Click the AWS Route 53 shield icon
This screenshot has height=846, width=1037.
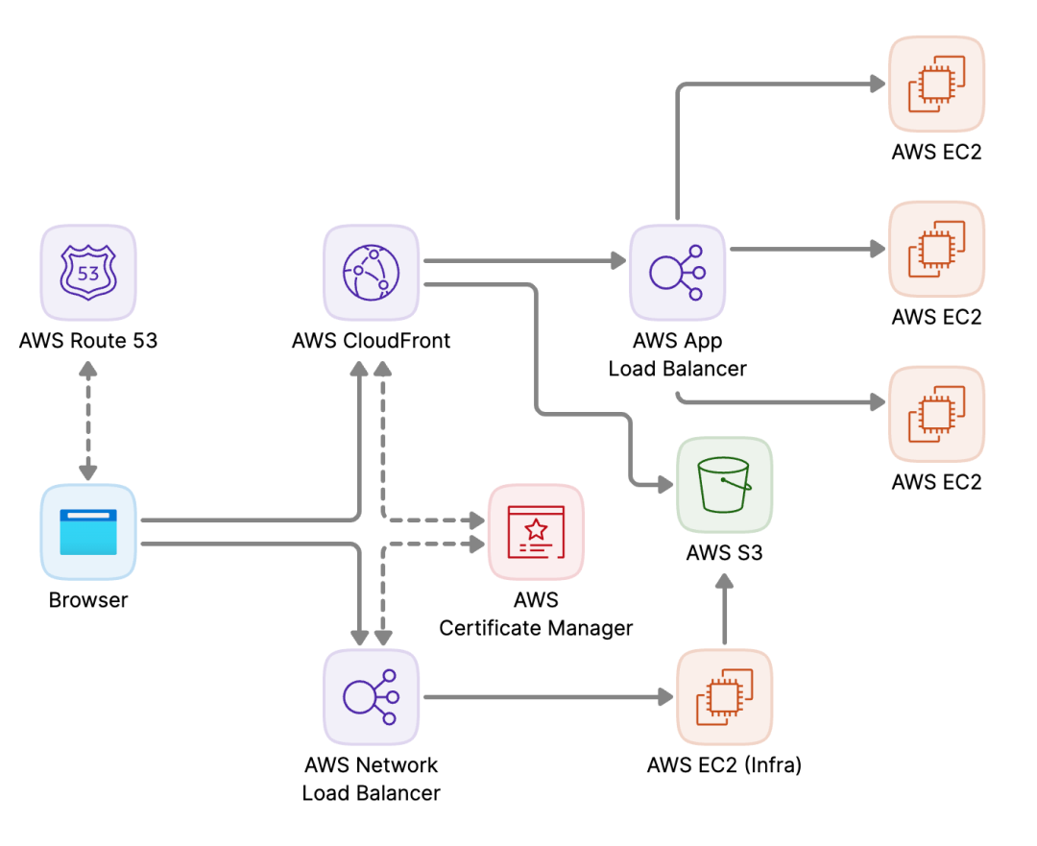click(88, 273)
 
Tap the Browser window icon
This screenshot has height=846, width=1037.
click(88, 532)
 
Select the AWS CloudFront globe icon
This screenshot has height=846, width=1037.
click(371, 273)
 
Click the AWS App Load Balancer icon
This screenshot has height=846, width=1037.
click(677, 273)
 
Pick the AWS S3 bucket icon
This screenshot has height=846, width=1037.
click(724, 485)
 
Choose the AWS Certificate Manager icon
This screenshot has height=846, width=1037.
click(536, 532)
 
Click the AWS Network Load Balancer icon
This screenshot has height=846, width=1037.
click(371, 697)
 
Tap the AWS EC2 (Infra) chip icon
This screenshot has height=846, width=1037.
click(724, 697)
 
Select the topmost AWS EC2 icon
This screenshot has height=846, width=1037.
click(936, 84)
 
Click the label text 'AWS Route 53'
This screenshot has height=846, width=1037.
click(88, 341)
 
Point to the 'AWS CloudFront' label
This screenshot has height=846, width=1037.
click(371, 341)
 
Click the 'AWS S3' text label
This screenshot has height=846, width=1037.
click(724, 552)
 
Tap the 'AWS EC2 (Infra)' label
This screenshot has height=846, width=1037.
click(724, 765)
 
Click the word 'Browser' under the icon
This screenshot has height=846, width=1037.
click(88, 600)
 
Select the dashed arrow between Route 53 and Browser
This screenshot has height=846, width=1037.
click(88, 421)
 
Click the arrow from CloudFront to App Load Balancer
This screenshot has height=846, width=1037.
click(525, 260)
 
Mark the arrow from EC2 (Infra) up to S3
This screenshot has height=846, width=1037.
click(724, 609)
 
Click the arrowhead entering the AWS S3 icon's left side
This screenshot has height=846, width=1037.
click(665, 485)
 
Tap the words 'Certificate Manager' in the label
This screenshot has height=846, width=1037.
click(536, 628)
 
